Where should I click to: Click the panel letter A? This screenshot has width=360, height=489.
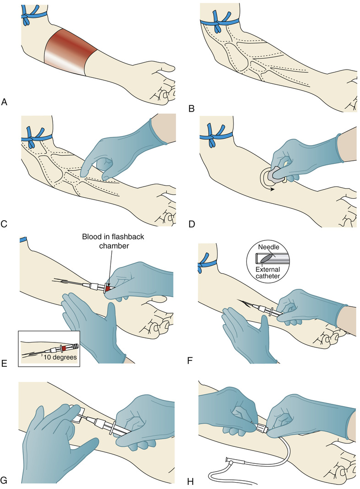click(4, 102)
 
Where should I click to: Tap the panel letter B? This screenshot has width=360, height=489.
click(191, 109)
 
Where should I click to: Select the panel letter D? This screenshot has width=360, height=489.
click(191, 224)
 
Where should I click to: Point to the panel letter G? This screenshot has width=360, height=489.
click(5, 480)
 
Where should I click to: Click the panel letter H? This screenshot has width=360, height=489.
click(191, 482)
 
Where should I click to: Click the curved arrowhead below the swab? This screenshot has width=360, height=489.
click(272, 189)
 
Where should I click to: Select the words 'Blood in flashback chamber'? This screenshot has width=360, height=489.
click(113, 241)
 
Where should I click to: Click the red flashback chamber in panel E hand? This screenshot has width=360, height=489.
click(108, 288)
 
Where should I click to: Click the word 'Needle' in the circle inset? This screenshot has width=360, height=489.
click(268, 247)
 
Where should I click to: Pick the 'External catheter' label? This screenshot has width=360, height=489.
click(268, 272)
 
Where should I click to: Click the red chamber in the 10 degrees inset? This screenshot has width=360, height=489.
click(64, 347)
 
